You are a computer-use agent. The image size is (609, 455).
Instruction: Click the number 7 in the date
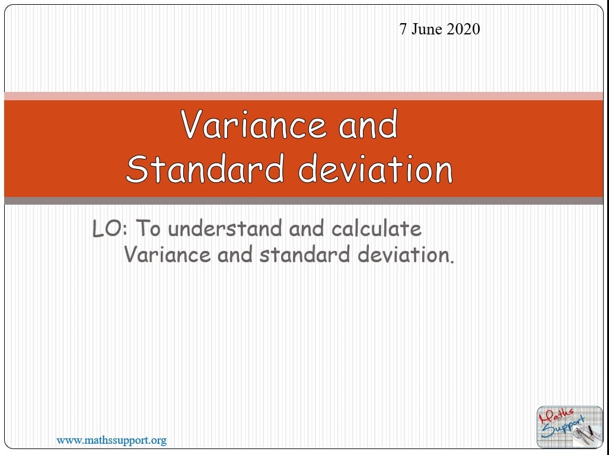coord(403,29)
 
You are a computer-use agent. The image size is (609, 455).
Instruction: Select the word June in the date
coord(426,29)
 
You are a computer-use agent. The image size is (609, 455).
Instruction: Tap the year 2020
coord(463,29)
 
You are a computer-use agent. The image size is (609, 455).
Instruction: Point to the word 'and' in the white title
coord(368,124)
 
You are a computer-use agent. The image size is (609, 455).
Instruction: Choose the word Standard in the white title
coord(205,168)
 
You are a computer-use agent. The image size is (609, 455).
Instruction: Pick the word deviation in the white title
coord(375,168)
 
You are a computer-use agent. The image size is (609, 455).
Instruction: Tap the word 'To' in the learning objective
coord(148,228)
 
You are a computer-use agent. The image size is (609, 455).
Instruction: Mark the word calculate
coord(377,228)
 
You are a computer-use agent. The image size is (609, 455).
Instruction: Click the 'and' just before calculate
coord(307,228)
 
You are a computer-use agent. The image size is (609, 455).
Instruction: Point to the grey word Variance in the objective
coord(167,254)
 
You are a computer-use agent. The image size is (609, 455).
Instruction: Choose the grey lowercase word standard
coord(305,254)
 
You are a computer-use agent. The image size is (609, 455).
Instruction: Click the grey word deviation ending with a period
coord(406,254)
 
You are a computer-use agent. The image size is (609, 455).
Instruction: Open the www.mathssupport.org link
coord(111,440)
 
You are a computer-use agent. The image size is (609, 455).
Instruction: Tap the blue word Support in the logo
coord(563,427)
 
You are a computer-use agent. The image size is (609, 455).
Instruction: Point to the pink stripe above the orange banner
coord(304,96)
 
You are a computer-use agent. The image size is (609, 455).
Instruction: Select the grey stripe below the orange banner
coord(304,201)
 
